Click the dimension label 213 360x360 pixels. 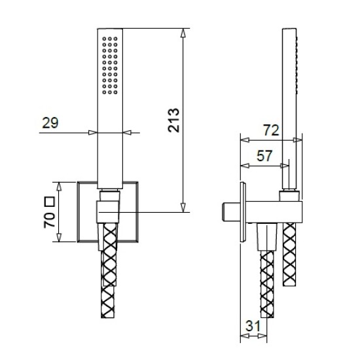coord(173,120)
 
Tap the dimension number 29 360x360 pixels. coord(50,123)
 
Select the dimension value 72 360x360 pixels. coord(271,130)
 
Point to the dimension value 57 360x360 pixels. coord(264,156)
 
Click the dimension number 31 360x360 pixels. coord(253,325)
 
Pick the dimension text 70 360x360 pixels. coord(49,220)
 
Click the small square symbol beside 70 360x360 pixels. coord(50,202)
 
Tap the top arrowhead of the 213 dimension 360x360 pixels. coord(183,33)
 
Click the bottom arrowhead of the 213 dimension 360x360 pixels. coord(183,207)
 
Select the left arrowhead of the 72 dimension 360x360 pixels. coord(245,140)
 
